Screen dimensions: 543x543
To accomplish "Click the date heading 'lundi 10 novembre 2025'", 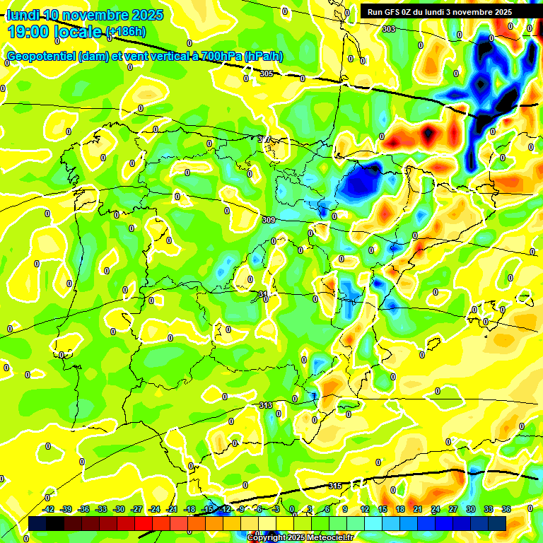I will (x=85, y=15).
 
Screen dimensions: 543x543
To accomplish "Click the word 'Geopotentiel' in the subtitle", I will (x=41, y=57).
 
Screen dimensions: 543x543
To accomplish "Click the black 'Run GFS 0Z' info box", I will (x=445, y=11).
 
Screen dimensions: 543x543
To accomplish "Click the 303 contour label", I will (x=388, y=29).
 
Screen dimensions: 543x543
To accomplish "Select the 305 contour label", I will (x=266, y=74).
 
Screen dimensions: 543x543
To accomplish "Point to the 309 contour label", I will (x=268, y=221).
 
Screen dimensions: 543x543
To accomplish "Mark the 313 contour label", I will (x=266, y=405).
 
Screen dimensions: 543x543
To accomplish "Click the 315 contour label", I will (x=336, y=486).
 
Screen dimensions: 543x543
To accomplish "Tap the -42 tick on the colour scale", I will (x=49, y=509).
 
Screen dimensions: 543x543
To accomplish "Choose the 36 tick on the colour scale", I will (x=506, y=509).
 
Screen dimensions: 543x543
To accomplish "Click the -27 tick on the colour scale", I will (x=136, y=509).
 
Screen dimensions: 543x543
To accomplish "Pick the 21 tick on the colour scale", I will (x=418, y=509).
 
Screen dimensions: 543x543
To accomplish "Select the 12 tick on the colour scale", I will (x=365, y=509).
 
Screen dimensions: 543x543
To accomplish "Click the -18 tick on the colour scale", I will (x=189, y=509).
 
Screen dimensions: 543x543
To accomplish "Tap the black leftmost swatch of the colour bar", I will (x=37, y=523).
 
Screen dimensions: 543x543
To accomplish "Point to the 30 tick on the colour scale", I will (x=471, y=509).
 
